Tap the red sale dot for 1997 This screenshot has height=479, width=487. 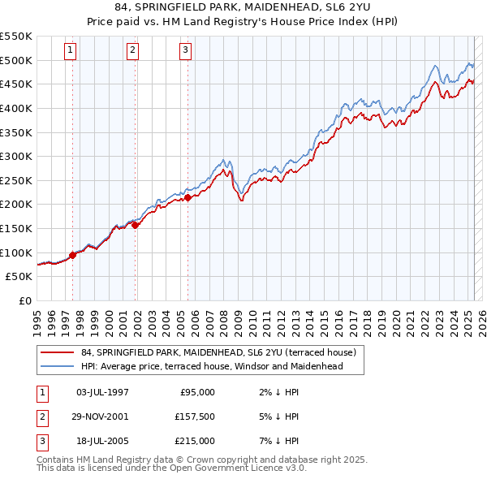point(73,255)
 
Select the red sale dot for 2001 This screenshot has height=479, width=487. point(136,225)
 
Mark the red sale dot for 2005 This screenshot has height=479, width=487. point(187,197)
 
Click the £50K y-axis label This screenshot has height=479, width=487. point(19,277)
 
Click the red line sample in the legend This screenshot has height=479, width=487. point(58,352)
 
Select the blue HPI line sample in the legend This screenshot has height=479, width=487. point(58,366)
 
